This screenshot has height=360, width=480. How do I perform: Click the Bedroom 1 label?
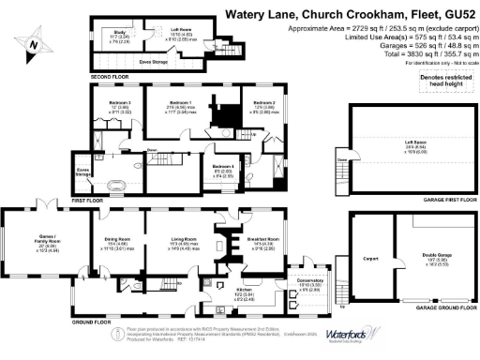[180, 104]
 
